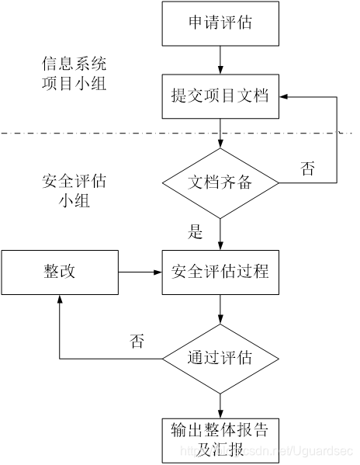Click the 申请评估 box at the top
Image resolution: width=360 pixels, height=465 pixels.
(x=220, y=23)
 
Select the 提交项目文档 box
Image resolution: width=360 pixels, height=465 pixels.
(x=220, y=97)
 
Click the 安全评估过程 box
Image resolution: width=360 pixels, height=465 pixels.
(x=220, y=272)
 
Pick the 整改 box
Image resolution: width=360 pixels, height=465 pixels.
(x=59, y=272)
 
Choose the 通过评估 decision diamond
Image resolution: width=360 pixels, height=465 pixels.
(x=220, y=359)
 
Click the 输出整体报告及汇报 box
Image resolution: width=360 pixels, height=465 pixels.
(x=220, y=439)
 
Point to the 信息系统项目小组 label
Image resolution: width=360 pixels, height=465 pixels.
(x=74, y=73)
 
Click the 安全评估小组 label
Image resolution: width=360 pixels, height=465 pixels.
(x=74, y=191)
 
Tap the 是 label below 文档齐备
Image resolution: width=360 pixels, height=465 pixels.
(x=195, y=231)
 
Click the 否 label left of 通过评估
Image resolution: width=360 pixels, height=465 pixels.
(x=137, y=342)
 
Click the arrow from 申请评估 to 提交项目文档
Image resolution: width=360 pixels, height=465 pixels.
(x=220, y=60)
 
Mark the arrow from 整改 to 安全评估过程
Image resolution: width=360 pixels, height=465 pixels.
(x=139, y=272)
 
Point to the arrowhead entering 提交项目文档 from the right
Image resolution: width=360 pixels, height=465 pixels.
(x=286, y=98)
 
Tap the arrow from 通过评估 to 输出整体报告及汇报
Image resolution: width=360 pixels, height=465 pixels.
(x=220, y=401)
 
